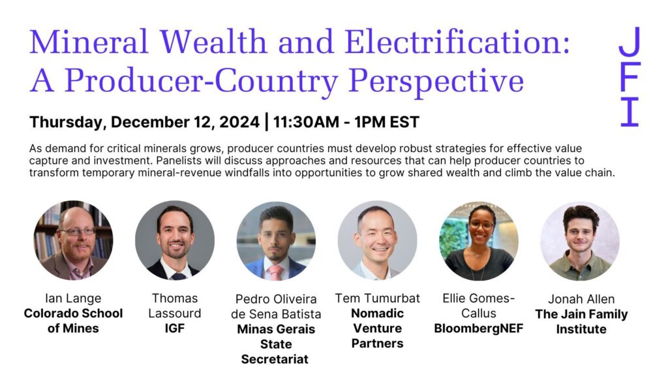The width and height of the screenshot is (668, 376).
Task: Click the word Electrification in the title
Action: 457,42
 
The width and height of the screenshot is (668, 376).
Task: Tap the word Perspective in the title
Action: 436,81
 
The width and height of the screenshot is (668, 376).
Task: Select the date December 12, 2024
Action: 185,122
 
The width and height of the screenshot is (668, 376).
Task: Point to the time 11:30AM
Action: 306,122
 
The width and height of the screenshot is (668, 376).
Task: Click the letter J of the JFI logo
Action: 630,41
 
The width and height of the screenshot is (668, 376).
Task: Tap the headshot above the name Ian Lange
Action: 73,240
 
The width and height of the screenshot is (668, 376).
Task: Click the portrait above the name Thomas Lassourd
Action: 175,240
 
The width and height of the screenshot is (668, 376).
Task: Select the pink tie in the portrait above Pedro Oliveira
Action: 275,272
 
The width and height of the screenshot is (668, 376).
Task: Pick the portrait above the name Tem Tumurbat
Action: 378,240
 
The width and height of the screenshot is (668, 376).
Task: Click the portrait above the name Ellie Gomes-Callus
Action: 479,240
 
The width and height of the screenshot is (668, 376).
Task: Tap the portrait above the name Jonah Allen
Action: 580,240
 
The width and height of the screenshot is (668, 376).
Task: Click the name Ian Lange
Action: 73,298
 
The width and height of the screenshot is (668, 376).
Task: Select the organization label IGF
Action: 175,328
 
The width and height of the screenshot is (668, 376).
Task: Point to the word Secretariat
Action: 275,359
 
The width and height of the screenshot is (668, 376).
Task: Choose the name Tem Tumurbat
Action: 378,298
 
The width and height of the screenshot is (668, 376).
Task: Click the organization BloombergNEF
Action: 478,328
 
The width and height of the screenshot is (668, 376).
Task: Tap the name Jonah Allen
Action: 581,299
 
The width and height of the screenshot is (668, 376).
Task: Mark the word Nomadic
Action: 378,313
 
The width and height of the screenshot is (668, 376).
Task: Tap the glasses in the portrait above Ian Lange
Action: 78,232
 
